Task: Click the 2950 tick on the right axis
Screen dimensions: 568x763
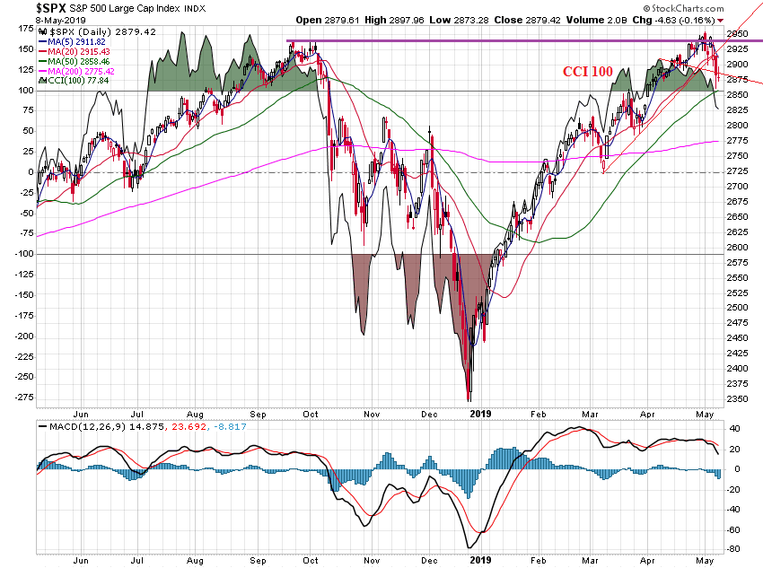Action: click(738, 34)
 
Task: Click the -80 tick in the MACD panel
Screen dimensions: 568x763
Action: click(735, 549)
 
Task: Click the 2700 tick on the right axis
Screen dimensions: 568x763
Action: click(738, 186)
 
